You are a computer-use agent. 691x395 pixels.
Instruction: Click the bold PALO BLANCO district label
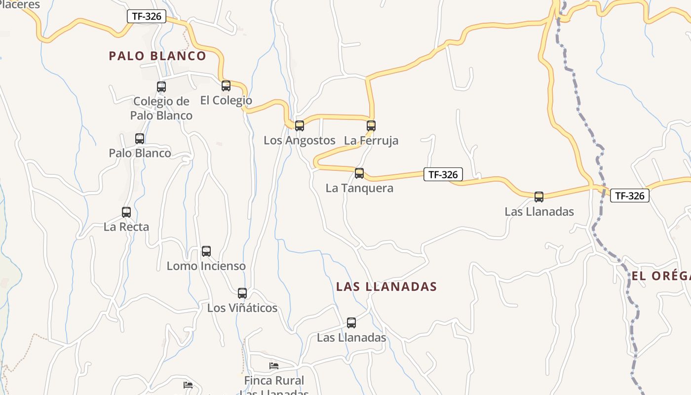click(157, 56)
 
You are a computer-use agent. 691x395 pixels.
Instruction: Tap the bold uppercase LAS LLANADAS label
click(386, 286)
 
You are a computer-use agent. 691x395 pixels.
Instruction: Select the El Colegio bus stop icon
click(226, 86)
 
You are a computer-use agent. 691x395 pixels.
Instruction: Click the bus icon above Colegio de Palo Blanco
click(161, 87)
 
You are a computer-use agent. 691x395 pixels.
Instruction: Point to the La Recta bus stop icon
click(126, 212)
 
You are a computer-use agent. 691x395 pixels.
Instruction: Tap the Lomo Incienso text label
click(206, 266)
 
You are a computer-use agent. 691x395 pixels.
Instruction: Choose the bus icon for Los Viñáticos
click(242, 293)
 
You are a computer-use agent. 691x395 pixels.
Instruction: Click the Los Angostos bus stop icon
click(300, 125)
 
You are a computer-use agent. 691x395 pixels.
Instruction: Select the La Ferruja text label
click(371, 140)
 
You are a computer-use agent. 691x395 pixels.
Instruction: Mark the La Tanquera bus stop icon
click(359, 173)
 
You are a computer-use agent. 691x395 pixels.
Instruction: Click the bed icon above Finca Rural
click(274, 366)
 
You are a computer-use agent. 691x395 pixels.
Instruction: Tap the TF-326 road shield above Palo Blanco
click(147, 16)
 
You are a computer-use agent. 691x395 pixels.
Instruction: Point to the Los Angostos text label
click(299, 140)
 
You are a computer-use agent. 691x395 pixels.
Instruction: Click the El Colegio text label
click(226, 101)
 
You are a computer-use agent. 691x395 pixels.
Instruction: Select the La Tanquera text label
click(359, 188)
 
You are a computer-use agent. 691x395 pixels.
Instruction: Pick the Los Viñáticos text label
click(242, 308)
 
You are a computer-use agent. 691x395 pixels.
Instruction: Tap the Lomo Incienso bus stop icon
click(206, 251)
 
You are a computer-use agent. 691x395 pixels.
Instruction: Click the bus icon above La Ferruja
click(371, 125)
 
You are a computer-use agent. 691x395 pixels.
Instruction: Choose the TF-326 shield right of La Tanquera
click(443, 174)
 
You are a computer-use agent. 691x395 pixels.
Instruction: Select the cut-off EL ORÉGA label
click(661, 276)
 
